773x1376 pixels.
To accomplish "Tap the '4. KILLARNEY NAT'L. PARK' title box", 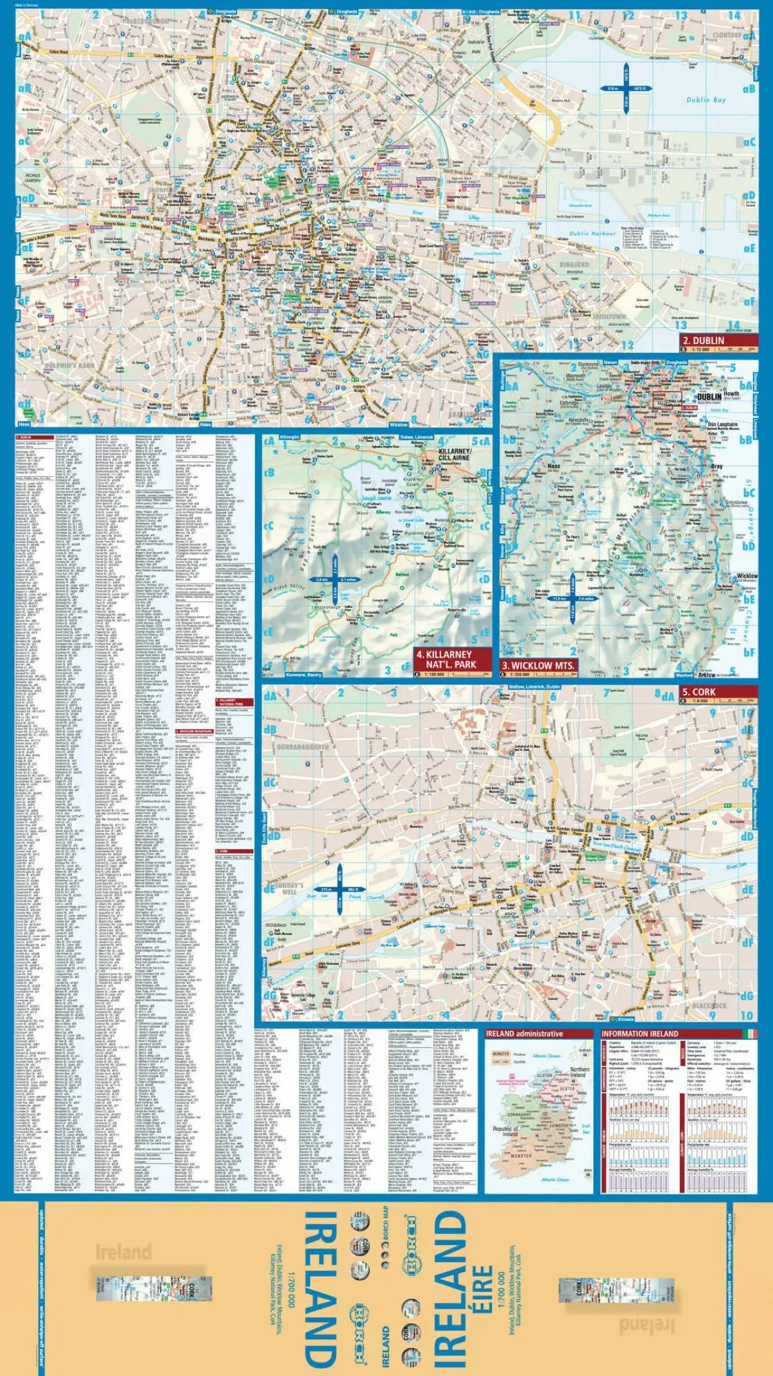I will pyautogui.click(x=452, y=659).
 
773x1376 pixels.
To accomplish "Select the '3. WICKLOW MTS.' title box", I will pyautogui.click(x=538, y=666).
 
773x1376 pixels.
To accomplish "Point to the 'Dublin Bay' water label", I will pyautogui.click(x=706, y=99).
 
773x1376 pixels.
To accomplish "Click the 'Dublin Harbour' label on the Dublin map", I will pyautogui.click(x=593, y=234).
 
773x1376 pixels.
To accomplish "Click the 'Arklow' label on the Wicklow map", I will pyautogui.click(x=706, y=675).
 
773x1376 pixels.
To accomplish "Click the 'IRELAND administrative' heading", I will pyautogui.click(x=525, y=1034).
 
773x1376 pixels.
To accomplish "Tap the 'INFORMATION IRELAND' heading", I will pyautogui.click(x=639, y=1034).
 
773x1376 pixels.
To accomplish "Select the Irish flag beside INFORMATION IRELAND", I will pyautogui.click(x=750, y=1034).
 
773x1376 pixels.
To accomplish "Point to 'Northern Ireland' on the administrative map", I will pyautogui.click(x=580, y=1072).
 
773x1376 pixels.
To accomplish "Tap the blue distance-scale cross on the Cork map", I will pyautogui.click(x=339, y=890).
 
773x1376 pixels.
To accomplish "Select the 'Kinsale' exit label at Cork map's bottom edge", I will pyautogui.click(x=625, y=1019).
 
